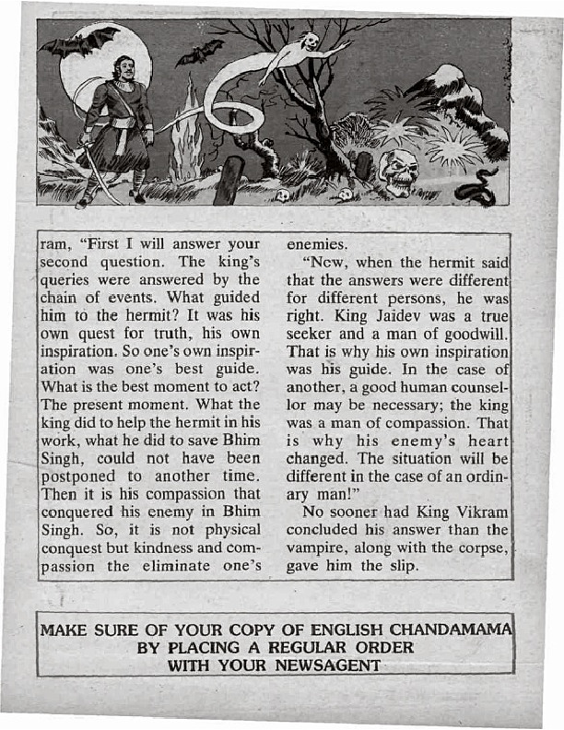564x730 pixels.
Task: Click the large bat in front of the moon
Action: tap(78, 41)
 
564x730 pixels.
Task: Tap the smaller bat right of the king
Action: tap(200, 52)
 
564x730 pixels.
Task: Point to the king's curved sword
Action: tap(97, 180)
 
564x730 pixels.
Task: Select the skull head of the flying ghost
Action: tap(311, 42)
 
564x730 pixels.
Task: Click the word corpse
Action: tap(480, 549)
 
